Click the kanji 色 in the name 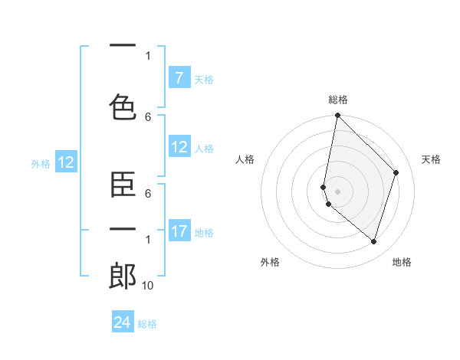pyautogui.click(x=123, y=106)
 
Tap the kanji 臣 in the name pyautogui.click(x=123, y=185)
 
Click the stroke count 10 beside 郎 pyautogui.click(x=148, y=285)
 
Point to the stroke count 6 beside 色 pyautogui.click(x=148, y=116)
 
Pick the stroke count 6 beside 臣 pyautogui.click(x=148, y=194)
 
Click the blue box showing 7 pyautogui.click(x=179, y=78)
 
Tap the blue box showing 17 pyautogui.click(x=179, y=231)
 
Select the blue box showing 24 pyautogui.click(x=123, y=322)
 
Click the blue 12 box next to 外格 pyautogui.click(x=65, y=162)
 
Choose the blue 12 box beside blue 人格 pyautogui.click(x=179, y=147)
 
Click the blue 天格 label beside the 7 pyautogui.click(x=204, y=79)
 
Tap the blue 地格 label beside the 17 pyautogui.click(x=204, y=232)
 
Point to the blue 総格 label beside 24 pyautogui.click(x=148, y=323)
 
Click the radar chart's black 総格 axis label pyautogui.click(x=337, y=100)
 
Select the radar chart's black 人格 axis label pyautogui.click(x=245, y=159)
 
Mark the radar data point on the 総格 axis pyautogui.click(x=337, y=116)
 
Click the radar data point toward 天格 pyautogui.click(x=396, y=172)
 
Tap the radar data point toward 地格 pyautogui.click(x=373, y=241)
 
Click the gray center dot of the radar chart pyautogui.click(x=337, y=191)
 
